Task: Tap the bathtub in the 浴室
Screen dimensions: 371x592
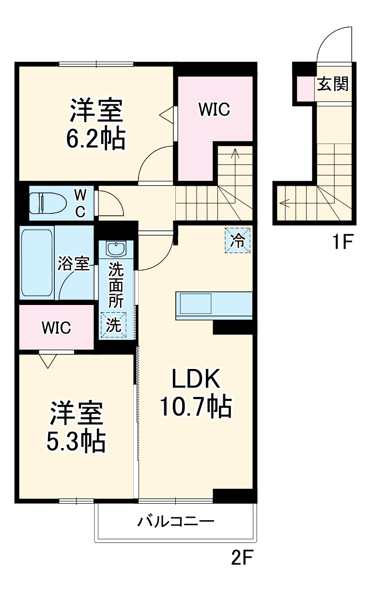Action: pyautogui.click(x=37, y=263)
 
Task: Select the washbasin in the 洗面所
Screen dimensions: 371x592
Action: pyautogui.click(x=116, y=248)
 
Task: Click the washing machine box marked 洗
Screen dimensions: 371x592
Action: pyautogui.click(x=113, y=325)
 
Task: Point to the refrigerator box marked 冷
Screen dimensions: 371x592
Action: pyautogui.click(x=237, y=240)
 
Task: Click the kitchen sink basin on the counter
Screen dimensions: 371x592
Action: pyautogui.click(x=196, y=303)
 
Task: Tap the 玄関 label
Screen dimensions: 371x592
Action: pyautogui.click(x=333, y=84)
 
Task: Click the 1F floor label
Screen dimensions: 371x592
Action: pyautogui.click(x=342, y=241)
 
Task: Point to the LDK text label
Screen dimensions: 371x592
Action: pyautogui.click(x=196, y=380)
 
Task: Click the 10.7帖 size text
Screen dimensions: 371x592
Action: pyautogui.click(x=196, y=407)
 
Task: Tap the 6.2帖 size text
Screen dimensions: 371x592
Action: pyautogui.click(x=95, y=138)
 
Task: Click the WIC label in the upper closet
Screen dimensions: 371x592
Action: pyautogui.click(x=215, y=109)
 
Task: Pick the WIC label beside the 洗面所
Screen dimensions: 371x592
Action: pyautogui.click(x=56, y=327)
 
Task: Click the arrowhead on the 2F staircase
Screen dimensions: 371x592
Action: pyautogui.click(x=235, y=153)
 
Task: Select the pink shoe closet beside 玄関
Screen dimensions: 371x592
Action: pyautogui.click(x=306, y=89)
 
